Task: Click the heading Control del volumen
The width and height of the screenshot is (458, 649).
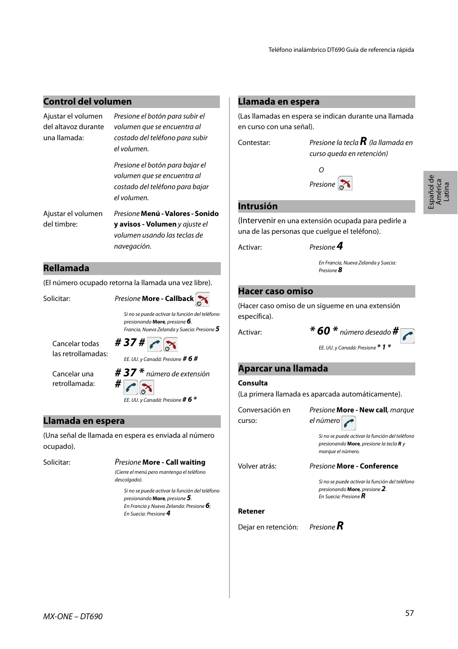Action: (x=87, y=102)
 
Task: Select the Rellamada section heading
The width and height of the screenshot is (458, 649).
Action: (x=66, y=268)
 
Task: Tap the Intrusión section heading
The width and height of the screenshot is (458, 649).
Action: (x=258, y=206)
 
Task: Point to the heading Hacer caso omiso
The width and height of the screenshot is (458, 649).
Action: (x=276, y=291)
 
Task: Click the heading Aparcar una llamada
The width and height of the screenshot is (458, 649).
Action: (x=283, y=369)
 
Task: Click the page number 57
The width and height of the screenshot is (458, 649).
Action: (x=409, y=613)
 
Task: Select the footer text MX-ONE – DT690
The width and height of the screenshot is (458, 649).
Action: (x=73, y=616)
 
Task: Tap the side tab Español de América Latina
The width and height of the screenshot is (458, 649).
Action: (x=439, y=192)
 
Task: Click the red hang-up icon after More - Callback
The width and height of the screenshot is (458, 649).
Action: (x=203, y=300)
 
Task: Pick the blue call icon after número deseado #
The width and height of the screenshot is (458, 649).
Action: (x=408, y=336)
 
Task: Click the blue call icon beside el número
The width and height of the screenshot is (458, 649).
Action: (x=349, y=423)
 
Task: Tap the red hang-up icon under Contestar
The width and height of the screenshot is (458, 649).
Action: (x=345, y=183)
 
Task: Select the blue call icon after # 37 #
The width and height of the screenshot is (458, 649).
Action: (x=155, y=344)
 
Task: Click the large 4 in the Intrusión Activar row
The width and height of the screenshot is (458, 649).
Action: (x=340, y=246)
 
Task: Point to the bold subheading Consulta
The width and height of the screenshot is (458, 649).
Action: (x=253, y=383)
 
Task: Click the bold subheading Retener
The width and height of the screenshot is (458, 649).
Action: (x=251, y=511)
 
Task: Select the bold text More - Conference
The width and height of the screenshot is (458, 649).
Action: (x=367, y=466)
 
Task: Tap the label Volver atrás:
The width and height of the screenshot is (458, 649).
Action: (x=257, y=466)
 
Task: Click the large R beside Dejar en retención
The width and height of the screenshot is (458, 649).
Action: (x=340, y=526)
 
